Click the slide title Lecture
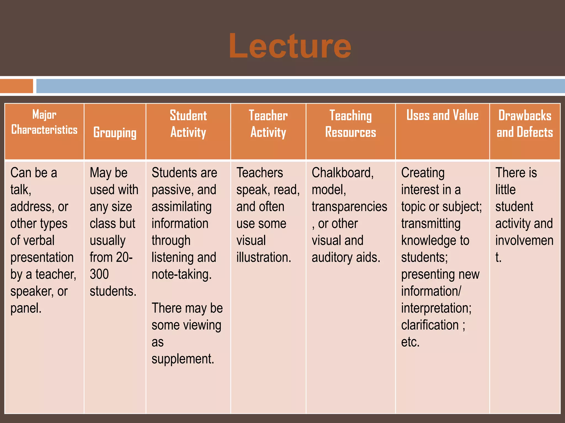290,46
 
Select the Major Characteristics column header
44,122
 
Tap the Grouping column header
115,133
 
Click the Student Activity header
188,124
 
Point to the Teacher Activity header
268,124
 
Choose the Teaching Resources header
350,124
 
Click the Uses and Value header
442,115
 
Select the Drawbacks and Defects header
525,124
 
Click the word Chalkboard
342,173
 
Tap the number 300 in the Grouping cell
99,274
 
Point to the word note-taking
182,275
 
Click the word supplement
183,359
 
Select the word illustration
263,257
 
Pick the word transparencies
349,207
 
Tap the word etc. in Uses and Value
410,342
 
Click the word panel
26,308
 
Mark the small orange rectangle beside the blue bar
17,86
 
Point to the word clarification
430,325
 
